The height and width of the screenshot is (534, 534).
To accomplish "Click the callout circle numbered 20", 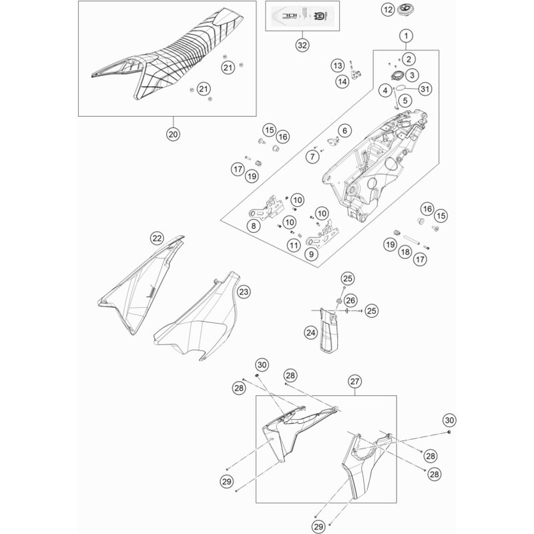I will [173, 133].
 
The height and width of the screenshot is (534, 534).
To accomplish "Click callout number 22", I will [156, 238].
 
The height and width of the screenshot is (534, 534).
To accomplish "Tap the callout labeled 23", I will [206, 292].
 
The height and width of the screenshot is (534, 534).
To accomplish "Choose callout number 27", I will [354, 381].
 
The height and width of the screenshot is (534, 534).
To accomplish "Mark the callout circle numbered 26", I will [350, 302].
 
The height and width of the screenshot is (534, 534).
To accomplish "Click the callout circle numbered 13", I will [338, 65].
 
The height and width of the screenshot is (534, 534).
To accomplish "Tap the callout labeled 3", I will [413, 75].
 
